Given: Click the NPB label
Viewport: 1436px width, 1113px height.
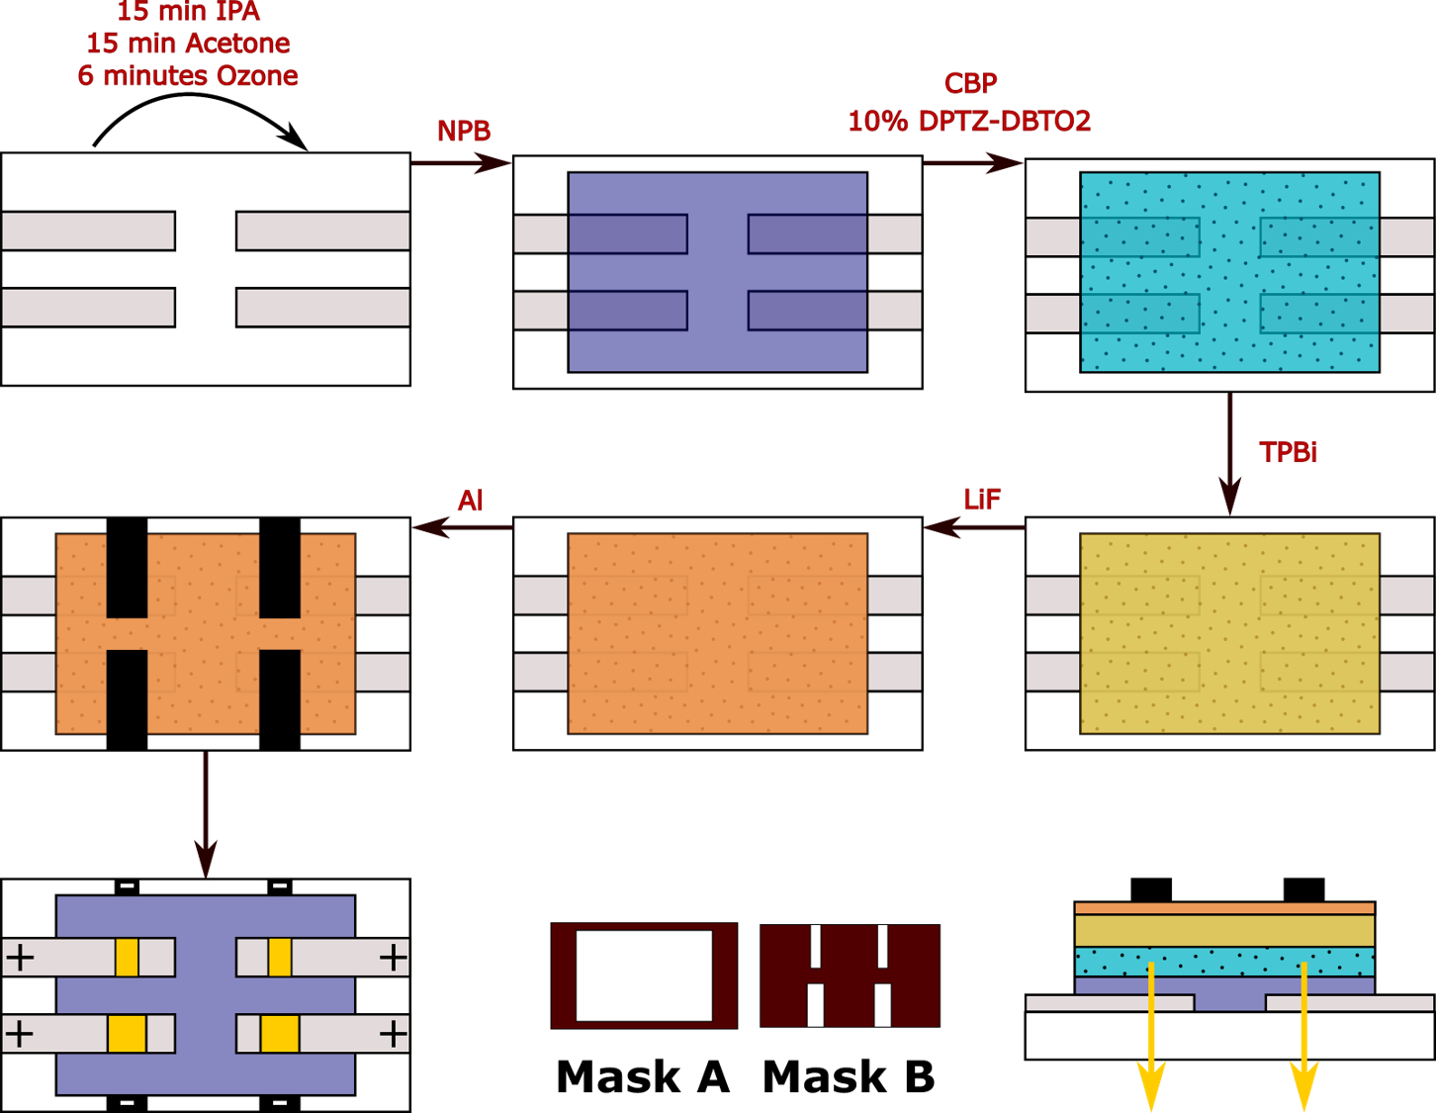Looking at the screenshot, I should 464,132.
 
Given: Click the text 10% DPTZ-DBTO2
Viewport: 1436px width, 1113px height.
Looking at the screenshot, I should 969,122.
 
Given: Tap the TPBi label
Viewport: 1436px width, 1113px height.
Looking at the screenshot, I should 1288,453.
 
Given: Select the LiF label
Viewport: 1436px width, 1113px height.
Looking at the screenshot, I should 982,500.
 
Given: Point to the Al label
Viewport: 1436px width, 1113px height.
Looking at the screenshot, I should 470,501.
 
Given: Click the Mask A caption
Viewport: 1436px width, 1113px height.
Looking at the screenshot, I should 643,1076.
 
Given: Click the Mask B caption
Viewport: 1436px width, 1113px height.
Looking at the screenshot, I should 849,1076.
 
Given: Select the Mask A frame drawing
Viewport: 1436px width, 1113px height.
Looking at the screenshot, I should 644,975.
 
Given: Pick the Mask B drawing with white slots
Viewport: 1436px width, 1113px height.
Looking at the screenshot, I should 850,975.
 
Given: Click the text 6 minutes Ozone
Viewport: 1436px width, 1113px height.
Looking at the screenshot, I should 188,76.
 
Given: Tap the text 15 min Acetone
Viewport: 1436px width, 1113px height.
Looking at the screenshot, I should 188,44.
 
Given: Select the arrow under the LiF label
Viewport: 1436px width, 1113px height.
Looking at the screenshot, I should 973,527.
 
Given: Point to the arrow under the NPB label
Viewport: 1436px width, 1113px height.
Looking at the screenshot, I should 461,162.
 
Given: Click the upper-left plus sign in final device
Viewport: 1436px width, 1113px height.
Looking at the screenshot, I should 20,958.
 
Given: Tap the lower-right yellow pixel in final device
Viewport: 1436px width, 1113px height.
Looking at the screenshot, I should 279,1034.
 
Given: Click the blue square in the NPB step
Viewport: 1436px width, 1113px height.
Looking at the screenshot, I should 717,272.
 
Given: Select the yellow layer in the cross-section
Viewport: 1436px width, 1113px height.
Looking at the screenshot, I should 1224,931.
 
